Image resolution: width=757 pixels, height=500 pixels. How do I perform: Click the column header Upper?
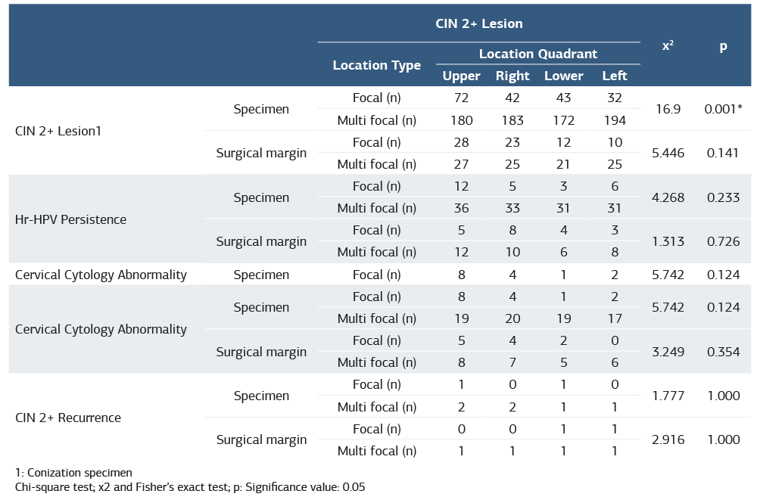coord(461,76)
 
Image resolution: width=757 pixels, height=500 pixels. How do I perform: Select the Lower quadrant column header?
coord(563,76)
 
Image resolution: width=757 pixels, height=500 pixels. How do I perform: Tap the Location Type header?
coord(376,65)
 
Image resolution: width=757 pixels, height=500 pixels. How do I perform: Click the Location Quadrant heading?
coord(537,54)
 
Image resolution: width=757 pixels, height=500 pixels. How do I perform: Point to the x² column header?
coord(668,45)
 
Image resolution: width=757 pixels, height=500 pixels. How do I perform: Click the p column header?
coord(723,45)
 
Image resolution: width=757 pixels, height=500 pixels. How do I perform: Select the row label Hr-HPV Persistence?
coord(70,219)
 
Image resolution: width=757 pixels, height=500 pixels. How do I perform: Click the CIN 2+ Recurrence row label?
coord(68,418)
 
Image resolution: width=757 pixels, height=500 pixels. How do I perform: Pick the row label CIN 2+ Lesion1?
coord(58,131)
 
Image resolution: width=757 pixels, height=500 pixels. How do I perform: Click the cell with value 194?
coord(614,120)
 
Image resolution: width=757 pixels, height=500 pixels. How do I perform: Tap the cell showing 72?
coord(461,98)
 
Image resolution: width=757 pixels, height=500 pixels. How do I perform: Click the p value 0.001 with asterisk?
coord(723,109)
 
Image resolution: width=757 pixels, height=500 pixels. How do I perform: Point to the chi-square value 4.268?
coord(668,197)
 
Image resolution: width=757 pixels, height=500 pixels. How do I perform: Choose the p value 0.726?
coord(723,241)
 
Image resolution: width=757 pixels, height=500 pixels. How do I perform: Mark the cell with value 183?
coord(512,120)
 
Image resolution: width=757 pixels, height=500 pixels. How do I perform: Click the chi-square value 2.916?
coord(668,439)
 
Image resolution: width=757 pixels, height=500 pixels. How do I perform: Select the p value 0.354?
coord(723,352)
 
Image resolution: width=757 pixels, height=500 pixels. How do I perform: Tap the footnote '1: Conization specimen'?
coord(73,473)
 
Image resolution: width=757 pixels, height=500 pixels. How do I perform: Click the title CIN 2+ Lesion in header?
coord(478,23)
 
